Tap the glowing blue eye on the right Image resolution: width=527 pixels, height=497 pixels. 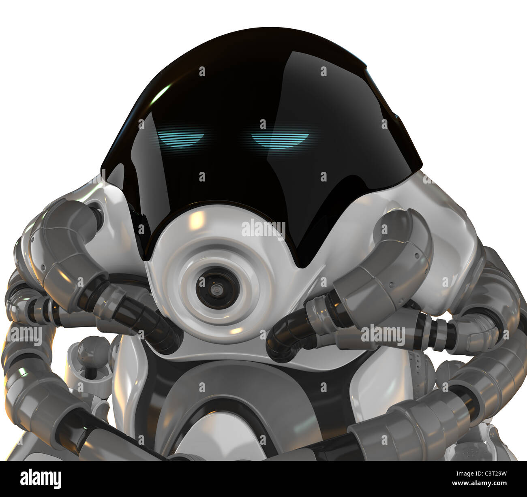point(280,139)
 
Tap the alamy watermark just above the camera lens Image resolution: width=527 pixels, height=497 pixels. point(263,229)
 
